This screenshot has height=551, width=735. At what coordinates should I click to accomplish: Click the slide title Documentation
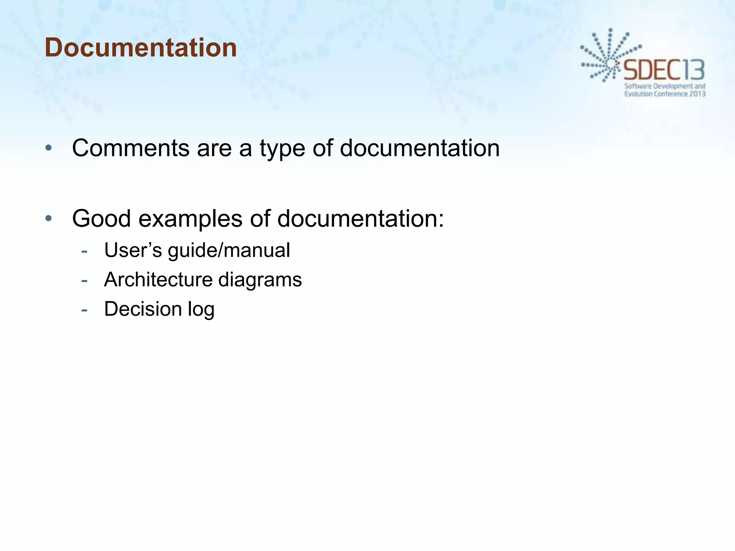tap(141, 48)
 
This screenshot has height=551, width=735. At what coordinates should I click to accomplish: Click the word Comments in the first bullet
tap(131, 148)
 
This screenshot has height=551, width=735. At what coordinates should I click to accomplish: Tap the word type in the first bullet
tap(282, 149)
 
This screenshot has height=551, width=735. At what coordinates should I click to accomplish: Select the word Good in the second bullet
tap(101, 218)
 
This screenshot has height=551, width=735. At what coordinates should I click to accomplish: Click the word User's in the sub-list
tap(133, 250)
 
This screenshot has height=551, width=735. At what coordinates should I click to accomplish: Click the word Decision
tap(143, 309)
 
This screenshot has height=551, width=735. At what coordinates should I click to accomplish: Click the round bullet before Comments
tap(49, 148)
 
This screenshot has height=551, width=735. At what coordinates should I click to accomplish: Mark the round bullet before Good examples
tap(49, 218)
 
